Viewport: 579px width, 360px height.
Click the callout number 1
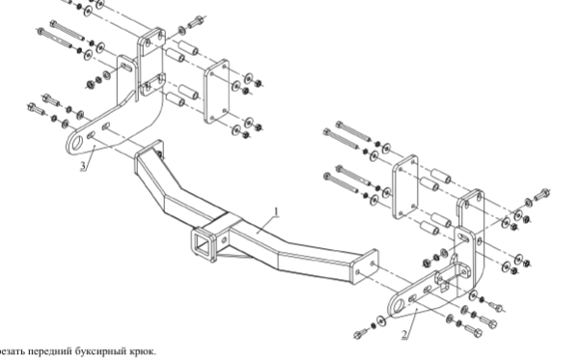tap(276, 212)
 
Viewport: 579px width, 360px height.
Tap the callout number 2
tap(404, 334)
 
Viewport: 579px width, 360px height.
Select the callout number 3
tap(84, 166)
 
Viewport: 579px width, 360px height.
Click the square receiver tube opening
tap(202, 244)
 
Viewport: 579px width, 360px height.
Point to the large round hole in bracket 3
tap(77, 143)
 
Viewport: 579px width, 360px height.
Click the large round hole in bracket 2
tap(398, 305)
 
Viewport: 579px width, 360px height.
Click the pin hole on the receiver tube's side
tap(224, 239)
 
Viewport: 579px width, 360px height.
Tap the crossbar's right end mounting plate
tap(364, 266)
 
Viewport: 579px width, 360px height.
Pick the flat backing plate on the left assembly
tap(216, 91)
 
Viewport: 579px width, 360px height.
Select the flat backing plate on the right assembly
tap(405, 187)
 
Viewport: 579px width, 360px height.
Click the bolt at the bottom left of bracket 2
tap(360, 334)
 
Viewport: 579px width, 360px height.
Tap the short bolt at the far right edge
tap(542, 194)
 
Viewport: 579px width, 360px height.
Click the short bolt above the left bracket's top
tap(196, 22)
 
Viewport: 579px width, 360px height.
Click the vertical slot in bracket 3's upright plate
tap(125, 67)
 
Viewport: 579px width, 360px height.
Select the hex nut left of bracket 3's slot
tap(90, 85)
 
